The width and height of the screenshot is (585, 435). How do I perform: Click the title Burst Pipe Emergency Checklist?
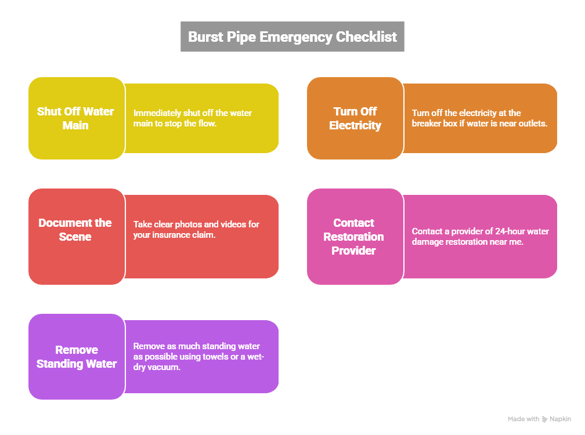[x=292, y=37]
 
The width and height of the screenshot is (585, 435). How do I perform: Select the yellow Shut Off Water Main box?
[x=76, y=118]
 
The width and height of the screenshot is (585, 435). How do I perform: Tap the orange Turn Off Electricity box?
[x=355, y=118]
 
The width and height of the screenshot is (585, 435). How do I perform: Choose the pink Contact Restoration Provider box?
[x=355, y=236]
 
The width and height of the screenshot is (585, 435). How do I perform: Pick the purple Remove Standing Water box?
[x=76, y=357]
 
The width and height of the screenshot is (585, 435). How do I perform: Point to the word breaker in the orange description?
[x=427, y=124]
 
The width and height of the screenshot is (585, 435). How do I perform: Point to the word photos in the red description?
[x=187, y=224]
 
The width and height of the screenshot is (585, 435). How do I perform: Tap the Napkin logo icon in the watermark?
[x=544, y=419]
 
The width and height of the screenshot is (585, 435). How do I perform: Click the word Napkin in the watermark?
[x=561, y=419]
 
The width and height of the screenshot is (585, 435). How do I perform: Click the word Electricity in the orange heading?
[x=355, y=125]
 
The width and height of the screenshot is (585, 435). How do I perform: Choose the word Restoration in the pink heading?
[x=353, y=237]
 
